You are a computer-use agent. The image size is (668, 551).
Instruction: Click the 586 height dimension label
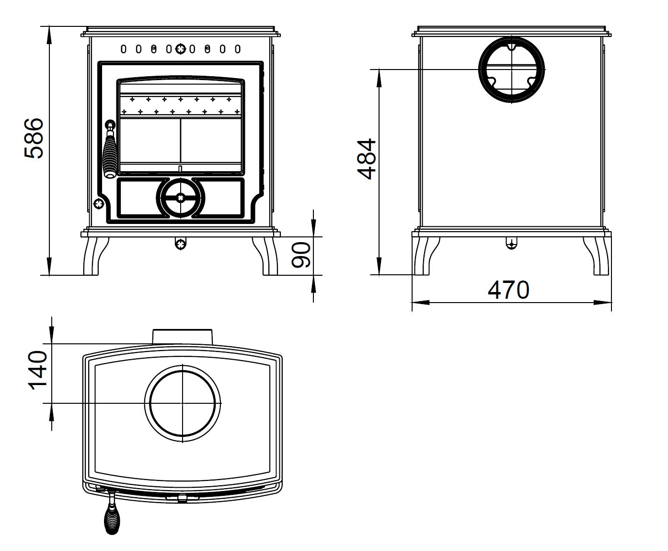tap(35, 138)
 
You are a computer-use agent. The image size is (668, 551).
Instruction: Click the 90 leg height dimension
tap(301, 255)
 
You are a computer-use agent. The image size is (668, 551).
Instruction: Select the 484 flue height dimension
tap(367, 159)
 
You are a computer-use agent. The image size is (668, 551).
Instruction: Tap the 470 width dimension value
tap(508, 290)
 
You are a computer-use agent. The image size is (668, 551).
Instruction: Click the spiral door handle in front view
tap(110, 151)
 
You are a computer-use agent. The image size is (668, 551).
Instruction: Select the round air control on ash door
tap(181, 198)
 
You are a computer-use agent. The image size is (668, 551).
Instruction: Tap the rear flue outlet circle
tap(512, 69)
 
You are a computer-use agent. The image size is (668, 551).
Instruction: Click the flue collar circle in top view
tap(183, 403)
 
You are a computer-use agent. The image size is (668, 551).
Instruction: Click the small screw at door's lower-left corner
tap(99, 203)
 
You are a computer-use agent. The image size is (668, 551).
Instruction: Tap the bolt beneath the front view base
tap(181, 244)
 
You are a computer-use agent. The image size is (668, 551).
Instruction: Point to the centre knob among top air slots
tap(181, 48)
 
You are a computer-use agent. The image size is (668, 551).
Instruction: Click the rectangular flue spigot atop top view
tap(183, 336)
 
